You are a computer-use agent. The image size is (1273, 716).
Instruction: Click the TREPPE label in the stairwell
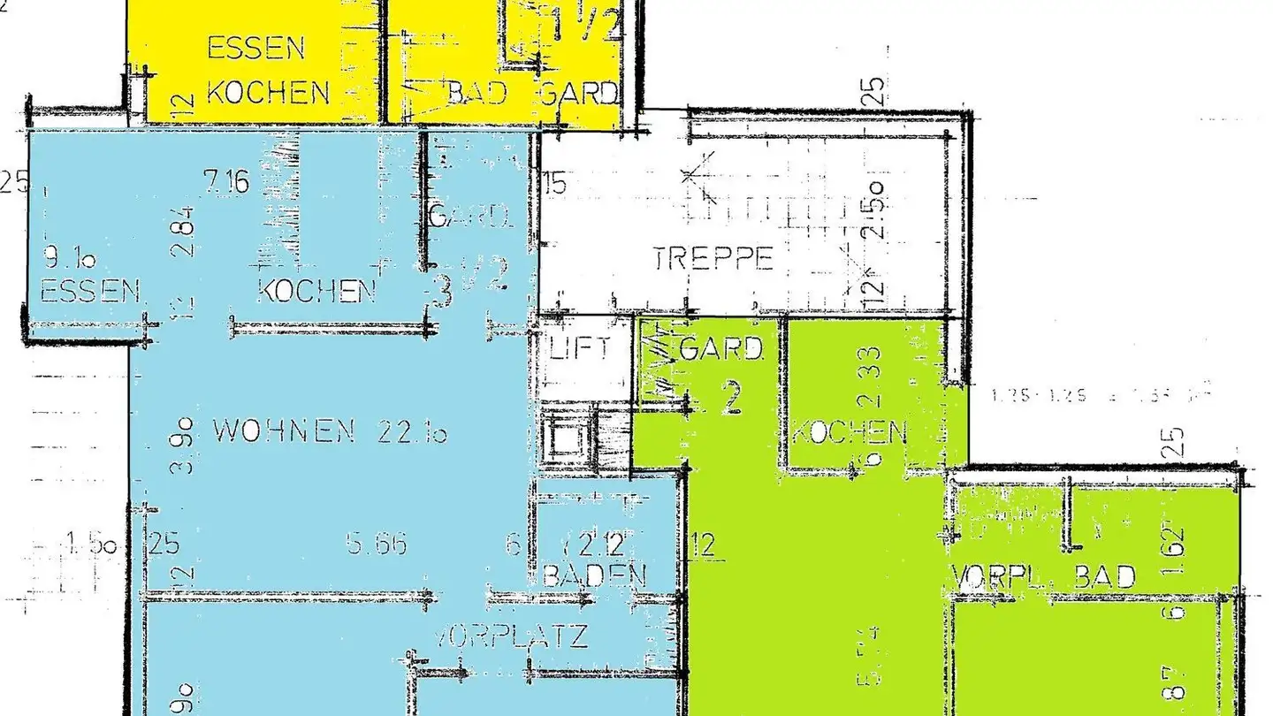(713, 259)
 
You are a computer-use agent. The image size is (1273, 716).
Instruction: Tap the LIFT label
(579, 347)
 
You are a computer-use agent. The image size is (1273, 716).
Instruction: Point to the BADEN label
(593, 575)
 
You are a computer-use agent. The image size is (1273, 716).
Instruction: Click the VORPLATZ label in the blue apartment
(512, 636)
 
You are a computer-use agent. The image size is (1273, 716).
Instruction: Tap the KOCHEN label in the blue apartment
(316, 291)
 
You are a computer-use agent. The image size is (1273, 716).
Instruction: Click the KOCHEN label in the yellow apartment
(268, 92)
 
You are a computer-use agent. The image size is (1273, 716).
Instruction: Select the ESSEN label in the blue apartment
(90, 291)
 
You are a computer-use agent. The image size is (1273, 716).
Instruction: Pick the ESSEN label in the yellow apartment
(256, 48)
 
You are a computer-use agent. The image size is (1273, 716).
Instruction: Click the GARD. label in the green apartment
(720, 349)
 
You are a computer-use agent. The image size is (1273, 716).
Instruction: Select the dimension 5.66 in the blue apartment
(377, 544)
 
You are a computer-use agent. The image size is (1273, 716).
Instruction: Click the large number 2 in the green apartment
(730, 400)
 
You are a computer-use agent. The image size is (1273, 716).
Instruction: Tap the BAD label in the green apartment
(1103, 577)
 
